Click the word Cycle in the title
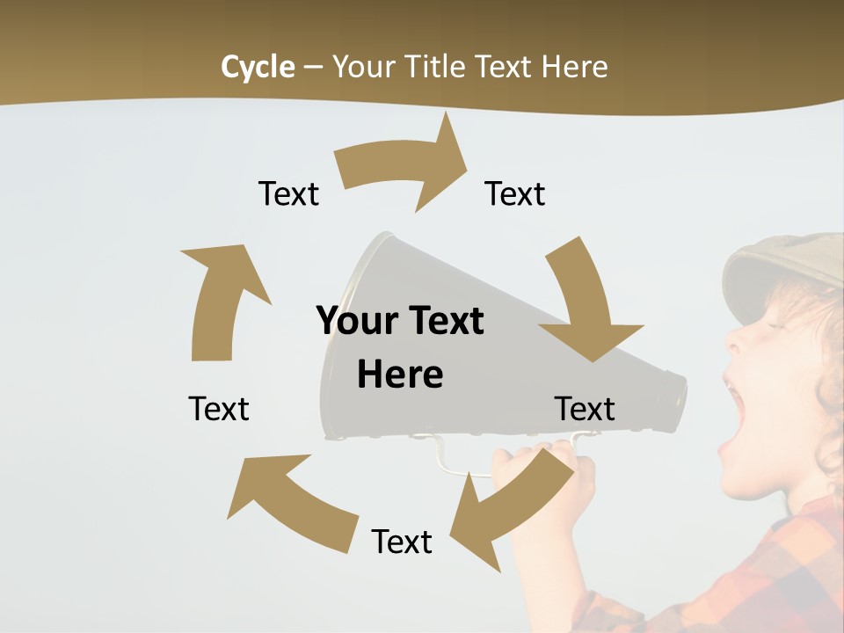(258, 67)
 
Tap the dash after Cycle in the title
(312, 68)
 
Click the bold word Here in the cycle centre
(400, 375)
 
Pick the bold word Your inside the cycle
(356, 321)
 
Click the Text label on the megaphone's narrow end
(585, 409)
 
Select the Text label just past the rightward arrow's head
(515, 193)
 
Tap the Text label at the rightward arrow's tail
(288, 193)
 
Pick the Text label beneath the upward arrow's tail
(219, 409)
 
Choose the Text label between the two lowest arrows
(402, 542)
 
